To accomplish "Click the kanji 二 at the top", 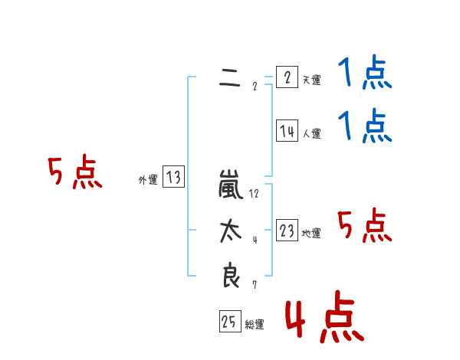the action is pos(229,77).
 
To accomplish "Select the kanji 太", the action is pos(230,232).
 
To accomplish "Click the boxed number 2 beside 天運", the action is pos(286,77).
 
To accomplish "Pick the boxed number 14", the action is pos(287,131).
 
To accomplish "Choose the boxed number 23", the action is pos(287,230).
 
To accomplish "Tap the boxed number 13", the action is pos(173,178).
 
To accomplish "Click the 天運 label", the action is pos(311,80).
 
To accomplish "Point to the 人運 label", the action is pos(311,133).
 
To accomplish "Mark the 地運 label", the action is pos(311,233).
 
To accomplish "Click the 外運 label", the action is pos(148,180).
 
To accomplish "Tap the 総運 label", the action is pos(255,325).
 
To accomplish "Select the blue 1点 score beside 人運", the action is pos(365,126).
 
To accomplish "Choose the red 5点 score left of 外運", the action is pos(74,173).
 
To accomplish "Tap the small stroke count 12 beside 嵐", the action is pos(254,194).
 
